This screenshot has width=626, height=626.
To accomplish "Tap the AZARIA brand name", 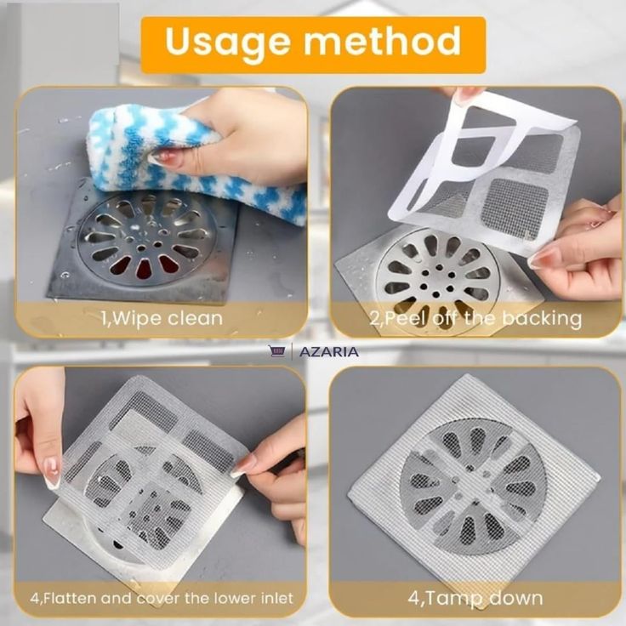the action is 328,352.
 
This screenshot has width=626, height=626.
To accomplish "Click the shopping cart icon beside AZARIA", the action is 277,351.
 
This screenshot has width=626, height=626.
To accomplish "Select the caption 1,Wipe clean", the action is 162,319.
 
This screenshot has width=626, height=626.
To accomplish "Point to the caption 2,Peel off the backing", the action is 475,319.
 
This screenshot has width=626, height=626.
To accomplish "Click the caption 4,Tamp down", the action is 475,598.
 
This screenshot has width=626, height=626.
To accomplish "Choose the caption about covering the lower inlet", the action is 162,598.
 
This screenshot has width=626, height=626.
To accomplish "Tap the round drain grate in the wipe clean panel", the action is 146,239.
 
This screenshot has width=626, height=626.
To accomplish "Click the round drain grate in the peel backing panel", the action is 437,276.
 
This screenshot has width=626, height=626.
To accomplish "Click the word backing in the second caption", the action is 541,319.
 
